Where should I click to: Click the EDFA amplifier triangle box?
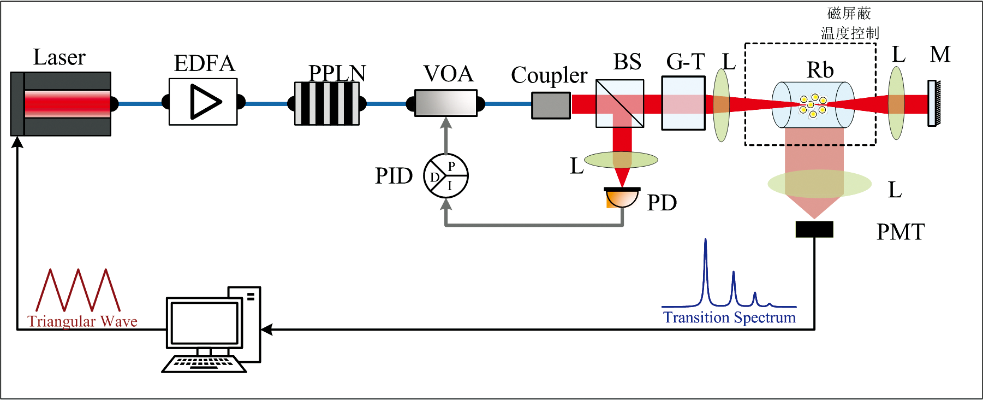203,102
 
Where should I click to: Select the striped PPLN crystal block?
327,103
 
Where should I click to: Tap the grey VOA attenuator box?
446,103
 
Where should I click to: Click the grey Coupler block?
551,105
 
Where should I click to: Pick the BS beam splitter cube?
619,103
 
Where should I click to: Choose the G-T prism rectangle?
683,103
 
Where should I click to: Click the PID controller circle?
446,175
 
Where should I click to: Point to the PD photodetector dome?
622,197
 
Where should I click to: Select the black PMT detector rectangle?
814,229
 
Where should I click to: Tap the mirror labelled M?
934,103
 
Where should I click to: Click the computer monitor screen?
204,322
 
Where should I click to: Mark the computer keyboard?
204,364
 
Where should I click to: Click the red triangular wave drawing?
78,290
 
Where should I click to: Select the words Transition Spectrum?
729,317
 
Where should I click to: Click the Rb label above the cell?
820,70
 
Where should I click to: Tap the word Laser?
59,57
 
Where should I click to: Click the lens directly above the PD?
621,160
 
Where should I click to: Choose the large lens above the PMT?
819,184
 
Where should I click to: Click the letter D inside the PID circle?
434,177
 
